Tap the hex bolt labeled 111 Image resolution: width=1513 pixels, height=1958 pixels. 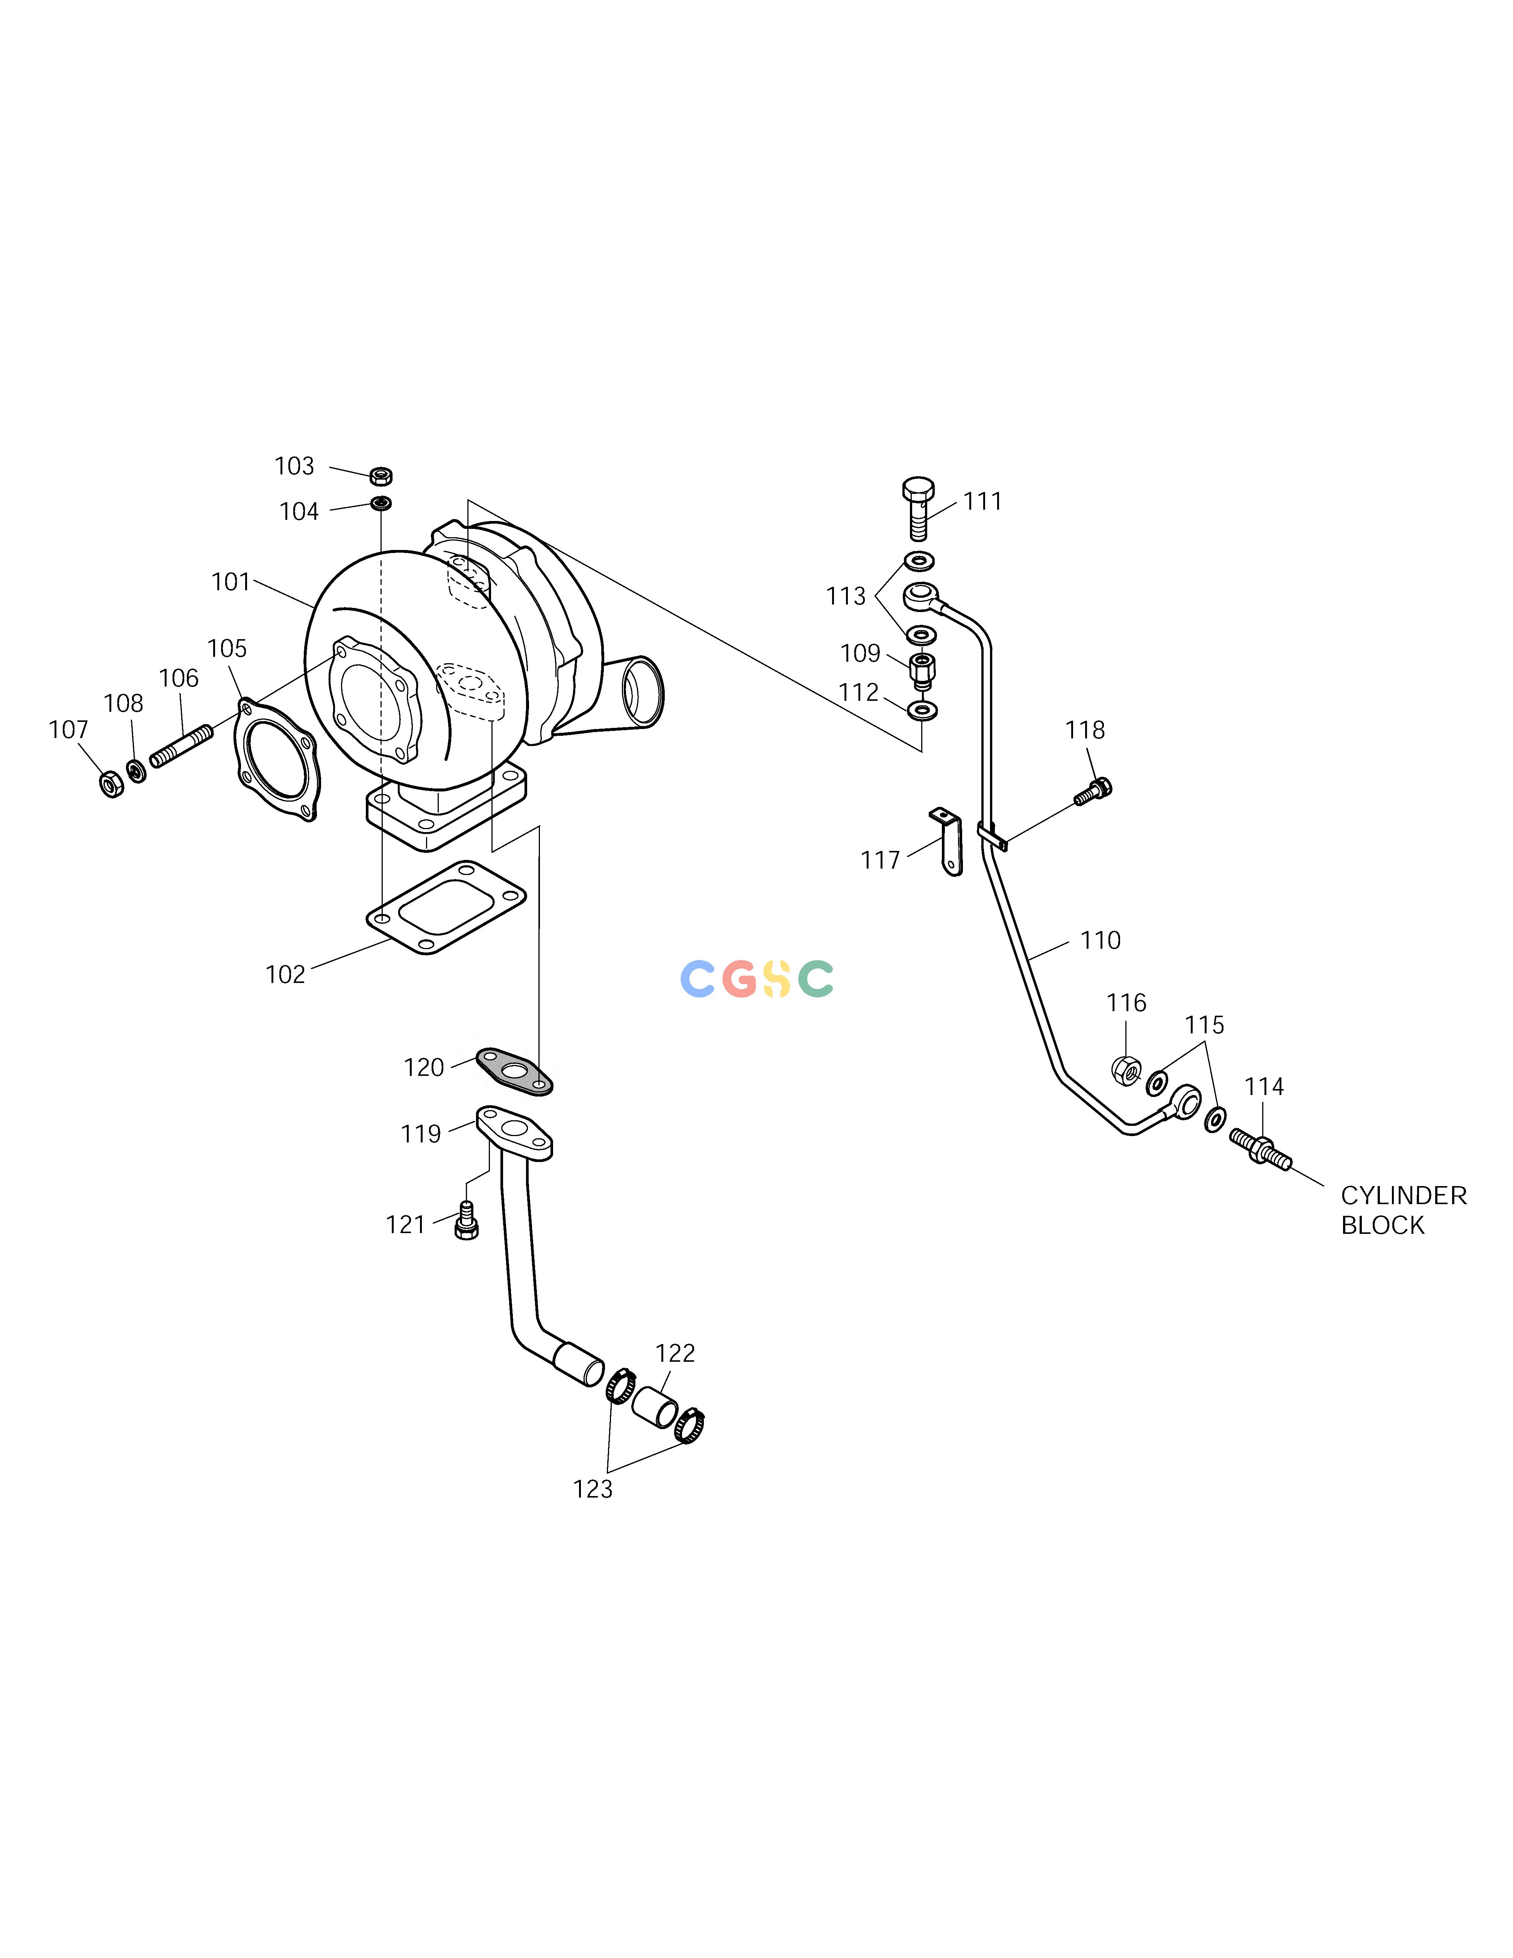[918, 508]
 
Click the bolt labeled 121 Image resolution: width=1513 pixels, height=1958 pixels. [466, 1220]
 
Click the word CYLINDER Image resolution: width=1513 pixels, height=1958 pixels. [1404, 1196]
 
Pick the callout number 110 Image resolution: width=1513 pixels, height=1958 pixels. [1101, 940]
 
